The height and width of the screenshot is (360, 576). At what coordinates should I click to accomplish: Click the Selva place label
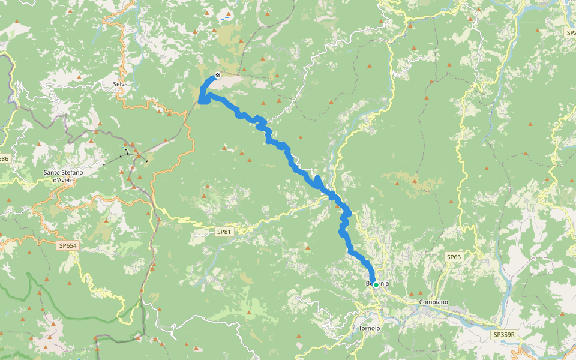pyautogui.click(x=120, y=84)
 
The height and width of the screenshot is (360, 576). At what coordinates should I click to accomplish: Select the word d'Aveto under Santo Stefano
pyautogui.click(x=63, y=179)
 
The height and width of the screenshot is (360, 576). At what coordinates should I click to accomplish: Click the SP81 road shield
pyautogui.click(x=223, y=232)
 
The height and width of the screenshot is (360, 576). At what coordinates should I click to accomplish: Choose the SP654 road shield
pyautogui.click(x=68, y=245)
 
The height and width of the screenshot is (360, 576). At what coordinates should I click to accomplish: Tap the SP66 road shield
pyautogui.click(x=454, y=257)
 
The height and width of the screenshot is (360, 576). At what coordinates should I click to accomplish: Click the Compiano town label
pyautogui.click(x=434, y=302)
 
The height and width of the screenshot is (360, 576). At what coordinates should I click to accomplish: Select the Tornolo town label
pyautogui.click(x=369, y=328)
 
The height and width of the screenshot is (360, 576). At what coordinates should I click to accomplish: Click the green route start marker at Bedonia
pyautogui.click(x=376, y=284)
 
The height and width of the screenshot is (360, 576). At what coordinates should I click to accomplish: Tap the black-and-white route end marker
pyautogui.click(x=218, y=75)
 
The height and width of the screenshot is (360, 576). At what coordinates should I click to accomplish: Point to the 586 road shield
pyautogui.click(x=4, y=158)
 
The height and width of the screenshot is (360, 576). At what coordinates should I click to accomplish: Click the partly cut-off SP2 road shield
pyautogui.click(x=571, y=33)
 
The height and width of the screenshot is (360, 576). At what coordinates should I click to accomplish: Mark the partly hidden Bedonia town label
pyautogui.click(x=379, y=283)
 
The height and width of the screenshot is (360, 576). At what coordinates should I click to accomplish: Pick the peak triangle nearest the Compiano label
pyautogui.click(x=411, y=293)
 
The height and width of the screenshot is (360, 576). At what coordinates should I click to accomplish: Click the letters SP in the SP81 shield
pyautogui.click(x=220, y=232)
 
